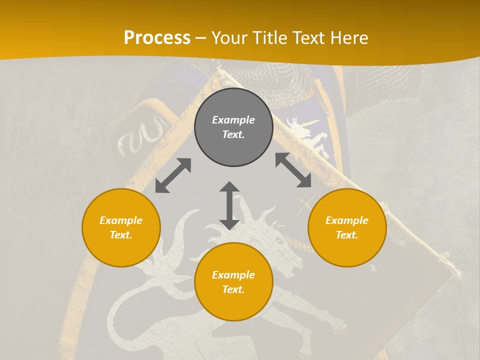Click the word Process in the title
(157, 38)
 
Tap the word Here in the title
(348, 38)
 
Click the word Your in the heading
(230, 38)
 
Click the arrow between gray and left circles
(173, 175)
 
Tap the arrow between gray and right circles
(293, 170)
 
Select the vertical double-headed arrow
(229, 205)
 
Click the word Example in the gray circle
(233, 120)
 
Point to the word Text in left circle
(121, 235)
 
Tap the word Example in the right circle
(347, 220)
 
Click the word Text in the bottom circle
(233, 289)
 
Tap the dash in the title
(201, 38)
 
